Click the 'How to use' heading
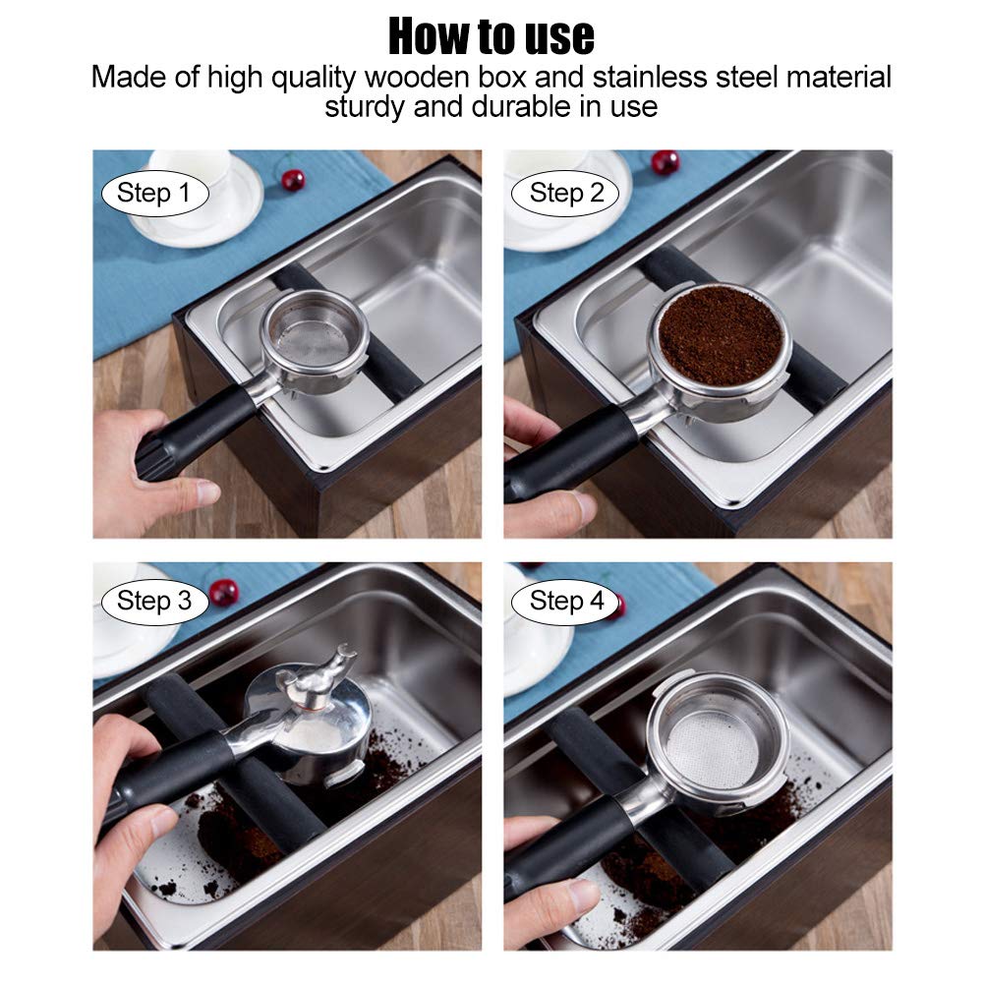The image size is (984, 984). point(492,36)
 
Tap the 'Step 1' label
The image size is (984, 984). point(153,194)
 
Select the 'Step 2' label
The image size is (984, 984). point(565,194)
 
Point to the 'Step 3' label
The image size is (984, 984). point(153,602)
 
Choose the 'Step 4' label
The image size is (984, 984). point(565,602)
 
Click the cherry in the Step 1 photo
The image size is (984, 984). point(292,180)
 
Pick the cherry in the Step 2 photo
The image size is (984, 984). point(666,162)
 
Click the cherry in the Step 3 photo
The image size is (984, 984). point(223,592)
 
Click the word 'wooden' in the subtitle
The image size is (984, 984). point(418,78)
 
